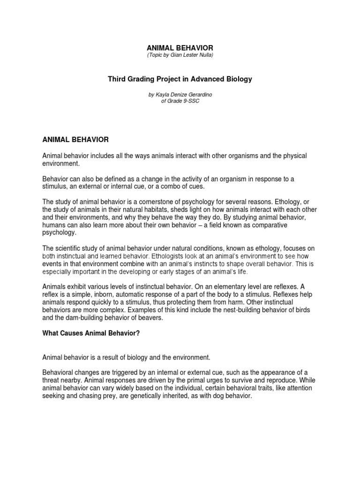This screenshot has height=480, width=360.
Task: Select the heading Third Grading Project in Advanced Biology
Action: tap(180, 79)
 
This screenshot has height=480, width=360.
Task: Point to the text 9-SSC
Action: tap(190, 101)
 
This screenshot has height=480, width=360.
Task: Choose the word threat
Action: tap(52, 380)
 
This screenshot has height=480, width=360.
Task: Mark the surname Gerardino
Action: tap(199, 95)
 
